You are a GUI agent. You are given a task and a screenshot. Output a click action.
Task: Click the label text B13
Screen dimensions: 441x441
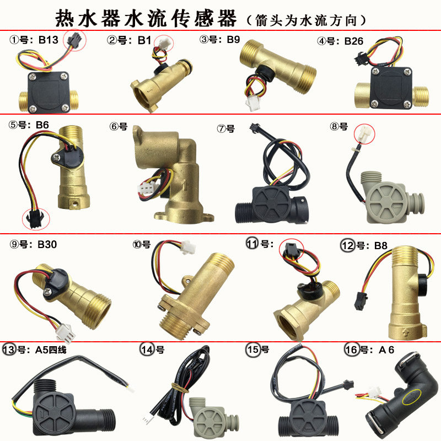point(49,40)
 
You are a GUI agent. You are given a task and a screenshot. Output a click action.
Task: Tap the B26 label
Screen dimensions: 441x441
point(354,41)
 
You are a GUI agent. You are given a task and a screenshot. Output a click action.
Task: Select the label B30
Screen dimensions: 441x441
point(47,244)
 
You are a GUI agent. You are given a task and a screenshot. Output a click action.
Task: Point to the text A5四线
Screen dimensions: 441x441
point(51,350)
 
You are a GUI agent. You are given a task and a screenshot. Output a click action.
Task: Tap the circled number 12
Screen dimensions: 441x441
point(348,245)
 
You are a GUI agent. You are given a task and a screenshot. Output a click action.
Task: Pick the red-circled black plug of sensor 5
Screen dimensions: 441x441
point(35,218)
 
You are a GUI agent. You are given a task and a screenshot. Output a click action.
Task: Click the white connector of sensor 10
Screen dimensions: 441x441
point(188,248)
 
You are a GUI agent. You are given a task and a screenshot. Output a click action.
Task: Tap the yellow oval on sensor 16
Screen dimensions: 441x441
point(412,397)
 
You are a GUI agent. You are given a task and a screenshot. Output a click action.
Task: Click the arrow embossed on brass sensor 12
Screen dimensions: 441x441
point(405,334)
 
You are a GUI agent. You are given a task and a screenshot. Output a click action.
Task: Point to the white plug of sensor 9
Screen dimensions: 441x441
point(64,333)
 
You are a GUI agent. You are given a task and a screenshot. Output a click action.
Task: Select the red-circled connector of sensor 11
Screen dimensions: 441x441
point(291,249)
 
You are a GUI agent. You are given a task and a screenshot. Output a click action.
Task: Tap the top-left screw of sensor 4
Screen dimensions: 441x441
point(375,72)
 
